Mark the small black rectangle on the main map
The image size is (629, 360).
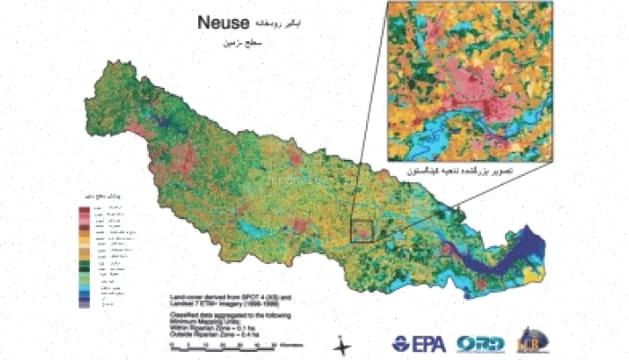pos(363,231)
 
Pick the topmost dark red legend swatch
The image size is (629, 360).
pos(84,209)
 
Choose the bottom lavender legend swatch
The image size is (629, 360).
pos(84,305)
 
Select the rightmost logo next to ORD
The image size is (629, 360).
pos(531,342)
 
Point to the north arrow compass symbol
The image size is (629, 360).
pos(342,344)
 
